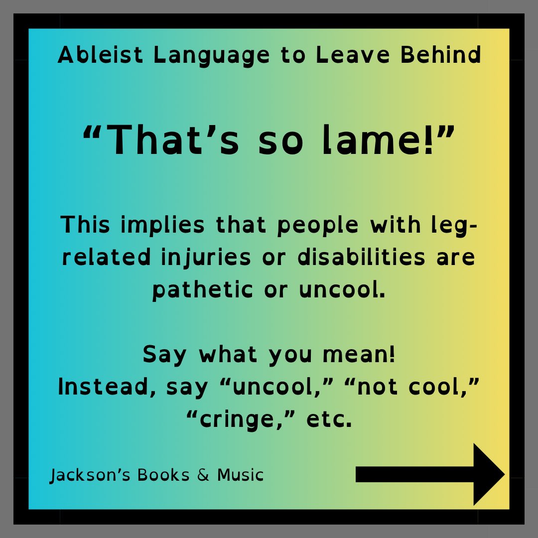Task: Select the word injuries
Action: pos(209,258)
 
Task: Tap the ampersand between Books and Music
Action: pos(203,475)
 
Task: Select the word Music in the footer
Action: pos(240,475)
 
